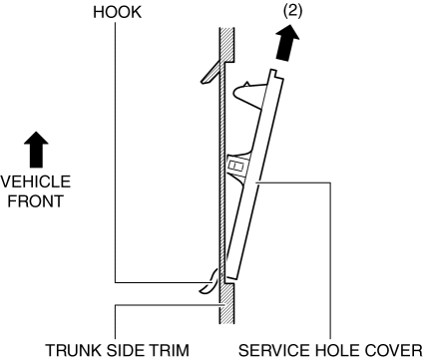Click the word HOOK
[x=117, y=12]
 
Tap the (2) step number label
[x=292, y=11]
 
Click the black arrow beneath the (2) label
[x=286, y=43]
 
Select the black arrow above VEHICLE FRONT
[x=36, y=150]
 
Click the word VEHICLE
[x=36, y=181]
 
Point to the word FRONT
[x=36, y=201]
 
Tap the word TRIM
[x=169, y=350]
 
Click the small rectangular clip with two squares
[x=236, y=166]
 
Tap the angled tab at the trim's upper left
[x=211, y=72]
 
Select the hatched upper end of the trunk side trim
[x=227, y=45]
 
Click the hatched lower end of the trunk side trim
[x=227, y=303]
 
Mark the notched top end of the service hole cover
[x=275, y=75]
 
